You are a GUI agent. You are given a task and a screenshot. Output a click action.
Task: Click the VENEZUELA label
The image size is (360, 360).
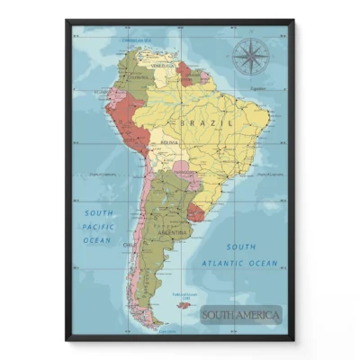click(x=162, y=66)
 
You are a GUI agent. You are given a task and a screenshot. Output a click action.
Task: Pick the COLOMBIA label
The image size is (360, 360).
click(x=138, y=78)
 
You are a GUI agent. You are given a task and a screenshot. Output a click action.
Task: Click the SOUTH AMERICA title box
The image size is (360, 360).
click(x=240, y=315)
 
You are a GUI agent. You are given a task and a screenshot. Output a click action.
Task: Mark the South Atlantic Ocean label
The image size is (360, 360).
click(x=240, y=255)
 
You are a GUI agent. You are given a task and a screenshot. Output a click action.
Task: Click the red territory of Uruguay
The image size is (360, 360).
click(x=195, y=213)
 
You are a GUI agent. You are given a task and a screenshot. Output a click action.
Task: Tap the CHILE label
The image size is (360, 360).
click(x=129, y=244)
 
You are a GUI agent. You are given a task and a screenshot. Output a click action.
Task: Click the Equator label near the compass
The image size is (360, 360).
click(x=257, y=88)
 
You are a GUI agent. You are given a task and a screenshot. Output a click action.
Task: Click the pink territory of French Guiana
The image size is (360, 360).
click(x=205, y=77)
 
